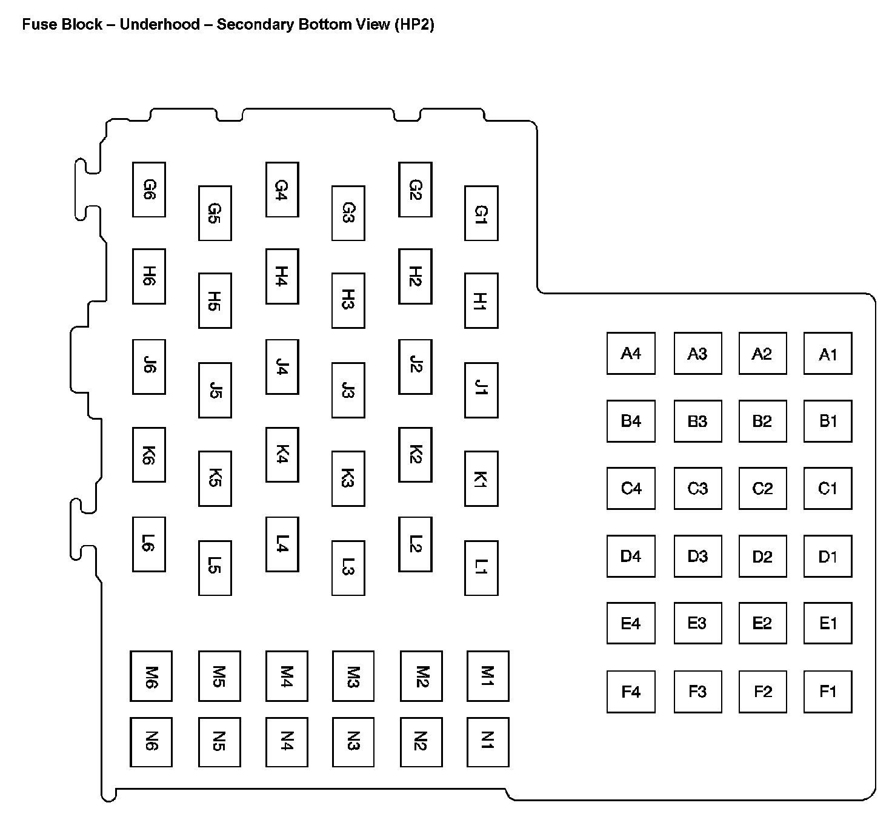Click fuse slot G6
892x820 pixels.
(x=149, y=190)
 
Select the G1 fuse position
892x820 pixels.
(x=481, y=213)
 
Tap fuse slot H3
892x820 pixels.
(x=348, y=300)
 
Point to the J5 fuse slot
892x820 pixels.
(x=215, y=390)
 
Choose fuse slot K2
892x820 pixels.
(x=415, y=455)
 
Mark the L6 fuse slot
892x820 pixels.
(x=149, y=544)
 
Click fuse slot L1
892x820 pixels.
(x=481, y=568)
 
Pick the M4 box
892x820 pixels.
(x=287, y=676)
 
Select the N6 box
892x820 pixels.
(x=151, y=742)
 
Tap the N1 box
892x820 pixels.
(x=488, y=742)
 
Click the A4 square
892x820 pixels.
(x=631, y=353)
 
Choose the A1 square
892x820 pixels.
(x=828, y=353)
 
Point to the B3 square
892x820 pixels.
(x=697, y=421)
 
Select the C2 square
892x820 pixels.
(x=762, y=488)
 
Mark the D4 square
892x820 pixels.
(x=631, y=556)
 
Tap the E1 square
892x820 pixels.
(x=828, y=623)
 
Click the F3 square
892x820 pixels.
(x=697, y=691)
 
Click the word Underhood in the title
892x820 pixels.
(x=159, y=25)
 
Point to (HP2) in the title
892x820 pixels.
(x=414, y=25)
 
